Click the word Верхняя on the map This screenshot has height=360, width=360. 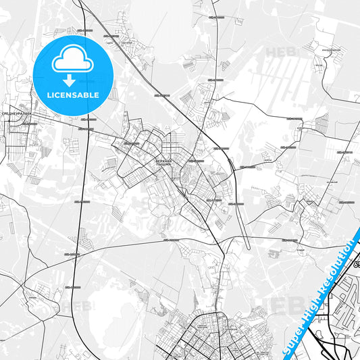165,153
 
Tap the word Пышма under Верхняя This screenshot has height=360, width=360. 165,157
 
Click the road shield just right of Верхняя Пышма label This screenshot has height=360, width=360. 196,161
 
